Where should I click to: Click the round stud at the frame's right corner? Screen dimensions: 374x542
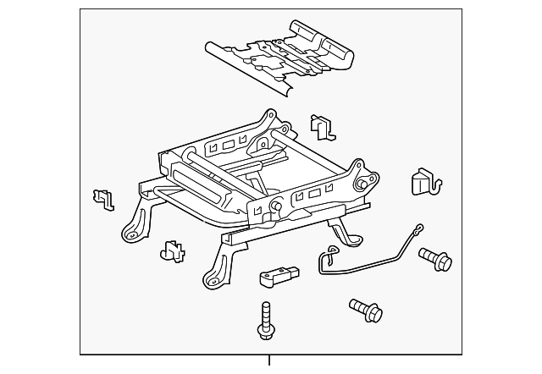tap(363, 184)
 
